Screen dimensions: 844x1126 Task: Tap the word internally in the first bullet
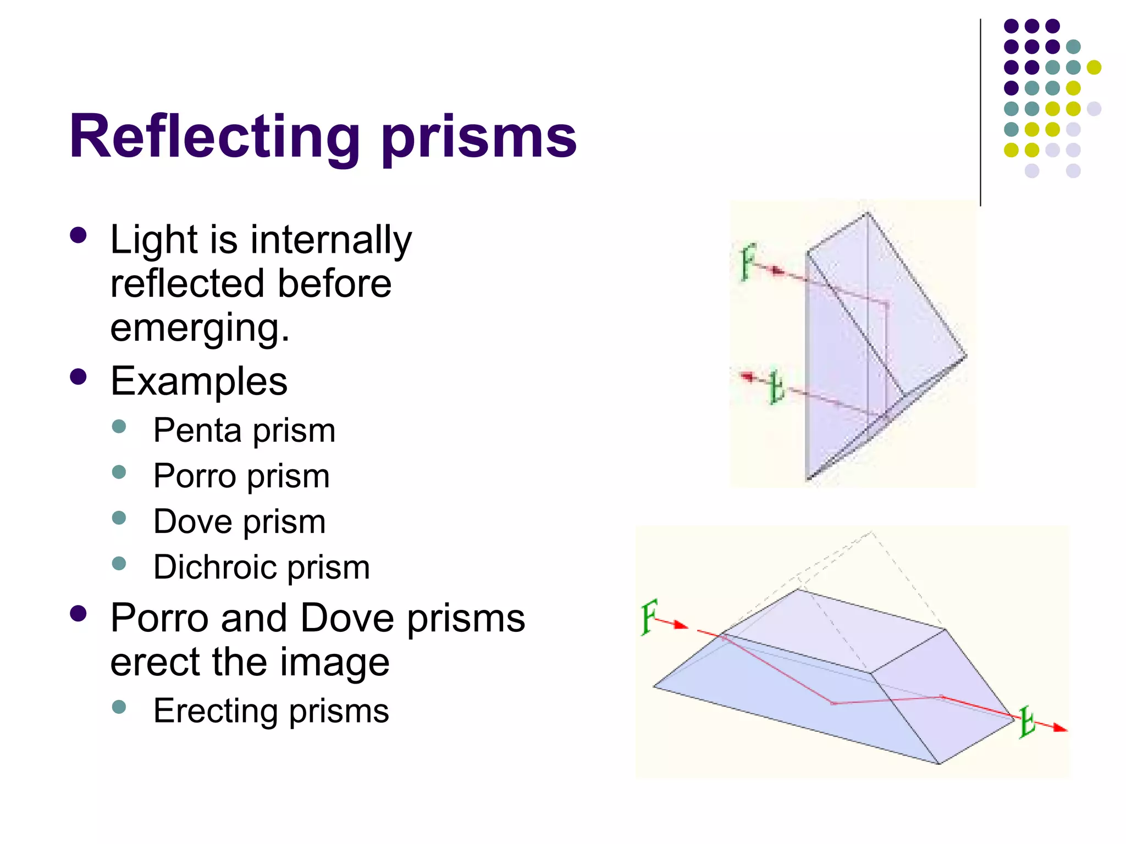[331, 240]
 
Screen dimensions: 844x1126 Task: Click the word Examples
[198, 381]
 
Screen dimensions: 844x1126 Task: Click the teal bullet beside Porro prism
[119, 472]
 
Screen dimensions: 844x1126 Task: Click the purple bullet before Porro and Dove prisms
[79, 614]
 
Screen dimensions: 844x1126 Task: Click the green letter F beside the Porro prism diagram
[748, 262]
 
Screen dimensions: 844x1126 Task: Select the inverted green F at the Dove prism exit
[1026, 722]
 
